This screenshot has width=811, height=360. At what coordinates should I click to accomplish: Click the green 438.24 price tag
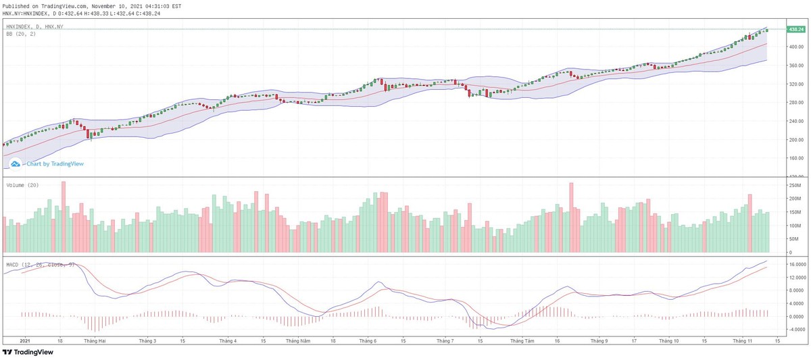click(795, 29)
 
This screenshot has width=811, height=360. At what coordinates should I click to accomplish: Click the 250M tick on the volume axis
click(792, 184)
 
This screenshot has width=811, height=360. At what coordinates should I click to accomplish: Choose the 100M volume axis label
click(792, 226)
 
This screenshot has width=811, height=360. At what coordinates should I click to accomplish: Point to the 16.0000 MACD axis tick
click(795, 264)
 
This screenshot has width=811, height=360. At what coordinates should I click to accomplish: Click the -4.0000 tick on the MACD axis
click(795, 330)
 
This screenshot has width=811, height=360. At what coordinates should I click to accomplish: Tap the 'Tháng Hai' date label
click(93, 341)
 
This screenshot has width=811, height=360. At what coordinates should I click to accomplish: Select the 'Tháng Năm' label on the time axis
click(298, 341)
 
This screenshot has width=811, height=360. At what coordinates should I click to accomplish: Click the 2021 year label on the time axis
click(24, 341)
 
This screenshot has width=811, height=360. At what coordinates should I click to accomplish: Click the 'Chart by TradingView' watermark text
click(55, 163)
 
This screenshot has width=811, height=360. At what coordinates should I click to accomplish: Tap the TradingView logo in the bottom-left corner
click(28, 352)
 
